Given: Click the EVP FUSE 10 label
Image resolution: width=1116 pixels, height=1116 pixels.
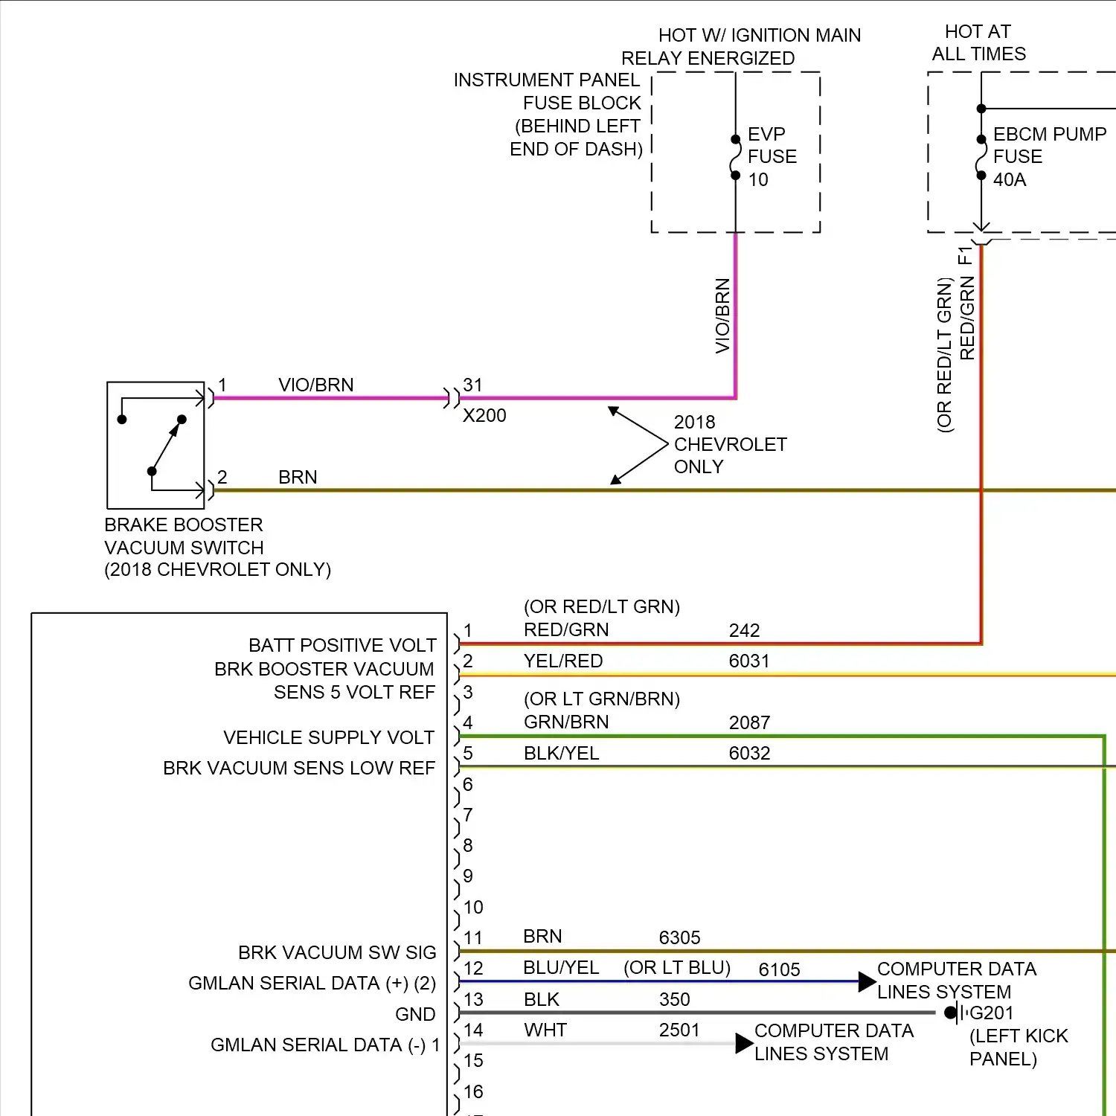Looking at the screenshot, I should [772, 156].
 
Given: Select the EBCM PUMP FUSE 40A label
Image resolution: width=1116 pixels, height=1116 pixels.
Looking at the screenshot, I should [1049, 156].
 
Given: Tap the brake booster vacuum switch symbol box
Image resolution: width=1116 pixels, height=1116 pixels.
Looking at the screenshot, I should [155, 445].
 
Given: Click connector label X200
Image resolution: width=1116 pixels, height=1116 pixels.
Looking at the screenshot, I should [484, 415].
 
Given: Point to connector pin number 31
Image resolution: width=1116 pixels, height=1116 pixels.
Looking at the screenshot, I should [472, 385].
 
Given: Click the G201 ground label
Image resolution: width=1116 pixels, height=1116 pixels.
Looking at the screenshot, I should [992, 1013].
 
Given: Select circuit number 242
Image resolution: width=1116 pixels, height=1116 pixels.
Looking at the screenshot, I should [744, 630].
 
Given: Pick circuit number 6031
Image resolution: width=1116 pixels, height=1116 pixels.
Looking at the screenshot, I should [748, 661].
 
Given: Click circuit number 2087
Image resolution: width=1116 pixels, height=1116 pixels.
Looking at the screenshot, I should [748, 722].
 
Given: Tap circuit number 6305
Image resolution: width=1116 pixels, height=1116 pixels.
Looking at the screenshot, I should [679, 937].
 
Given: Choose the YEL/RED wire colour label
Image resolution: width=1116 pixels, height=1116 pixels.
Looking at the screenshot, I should [563, 661].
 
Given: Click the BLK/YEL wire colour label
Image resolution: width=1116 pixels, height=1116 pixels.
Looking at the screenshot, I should [561, 753].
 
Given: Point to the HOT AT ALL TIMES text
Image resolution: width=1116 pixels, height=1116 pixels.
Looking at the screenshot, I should [978, 42].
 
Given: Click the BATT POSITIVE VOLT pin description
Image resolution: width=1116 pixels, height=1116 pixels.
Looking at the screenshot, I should [342, 645].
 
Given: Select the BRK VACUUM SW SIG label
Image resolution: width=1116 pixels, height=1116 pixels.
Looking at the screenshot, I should [337, 952].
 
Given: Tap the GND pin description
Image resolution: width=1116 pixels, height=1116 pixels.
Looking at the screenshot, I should [415, 1014].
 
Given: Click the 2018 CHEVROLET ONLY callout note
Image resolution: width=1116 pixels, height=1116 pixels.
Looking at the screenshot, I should [729, 444].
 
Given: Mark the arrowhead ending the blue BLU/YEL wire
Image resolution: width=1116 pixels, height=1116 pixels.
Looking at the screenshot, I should [867, 981].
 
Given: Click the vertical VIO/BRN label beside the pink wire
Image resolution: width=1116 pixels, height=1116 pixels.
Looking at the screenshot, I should [722, 315].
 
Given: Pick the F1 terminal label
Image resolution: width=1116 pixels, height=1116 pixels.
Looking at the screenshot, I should [966, 256].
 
